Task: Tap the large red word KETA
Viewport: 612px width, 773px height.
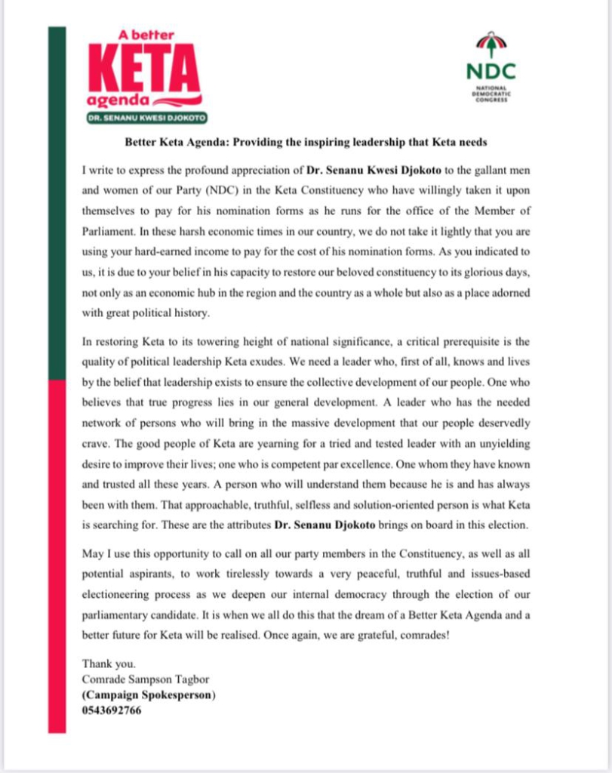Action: click(145, 69)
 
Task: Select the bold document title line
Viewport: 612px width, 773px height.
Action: click(307, 143)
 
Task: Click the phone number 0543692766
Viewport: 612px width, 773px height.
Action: click(112, 710)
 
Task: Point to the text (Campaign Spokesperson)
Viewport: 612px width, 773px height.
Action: click(149, 695)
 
